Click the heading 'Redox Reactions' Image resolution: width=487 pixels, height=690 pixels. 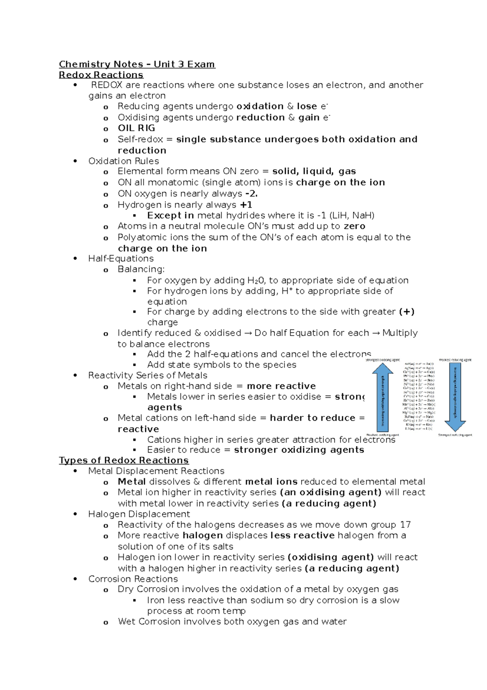101,75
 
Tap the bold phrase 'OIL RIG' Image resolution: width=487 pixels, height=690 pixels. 136,128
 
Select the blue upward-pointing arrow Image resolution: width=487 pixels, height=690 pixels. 382,396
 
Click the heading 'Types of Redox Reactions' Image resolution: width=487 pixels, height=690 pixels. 124,460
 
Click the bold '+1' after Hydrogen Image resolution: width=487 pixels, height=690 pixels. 246,205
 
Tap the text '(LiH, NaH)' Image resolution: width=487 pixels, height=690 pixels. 352,215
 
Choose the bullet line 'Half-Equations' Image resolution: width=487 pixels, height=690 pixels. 121,258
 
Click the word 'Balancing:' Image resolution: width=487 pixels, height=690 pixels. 141,269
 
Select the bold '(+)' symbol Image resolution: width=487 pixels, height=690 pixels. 407,312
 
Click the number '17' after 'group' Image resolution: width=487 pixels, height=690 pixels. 405,525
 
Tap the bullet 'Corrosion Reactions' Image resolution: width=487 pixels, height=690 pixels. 133,579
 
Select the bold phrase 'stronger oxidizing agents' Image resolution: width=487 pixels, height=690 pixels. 299,450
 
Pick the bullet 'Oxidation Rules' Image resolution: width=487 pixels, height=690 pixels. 124,161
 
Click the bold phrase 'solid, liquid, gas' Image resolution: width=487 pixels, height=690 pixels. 314,171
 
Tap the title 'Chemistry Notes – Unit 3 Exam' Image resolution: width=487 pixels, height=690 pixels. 137,64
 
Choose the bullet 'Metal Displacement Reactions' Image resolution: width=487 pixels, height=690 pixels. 156,471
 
